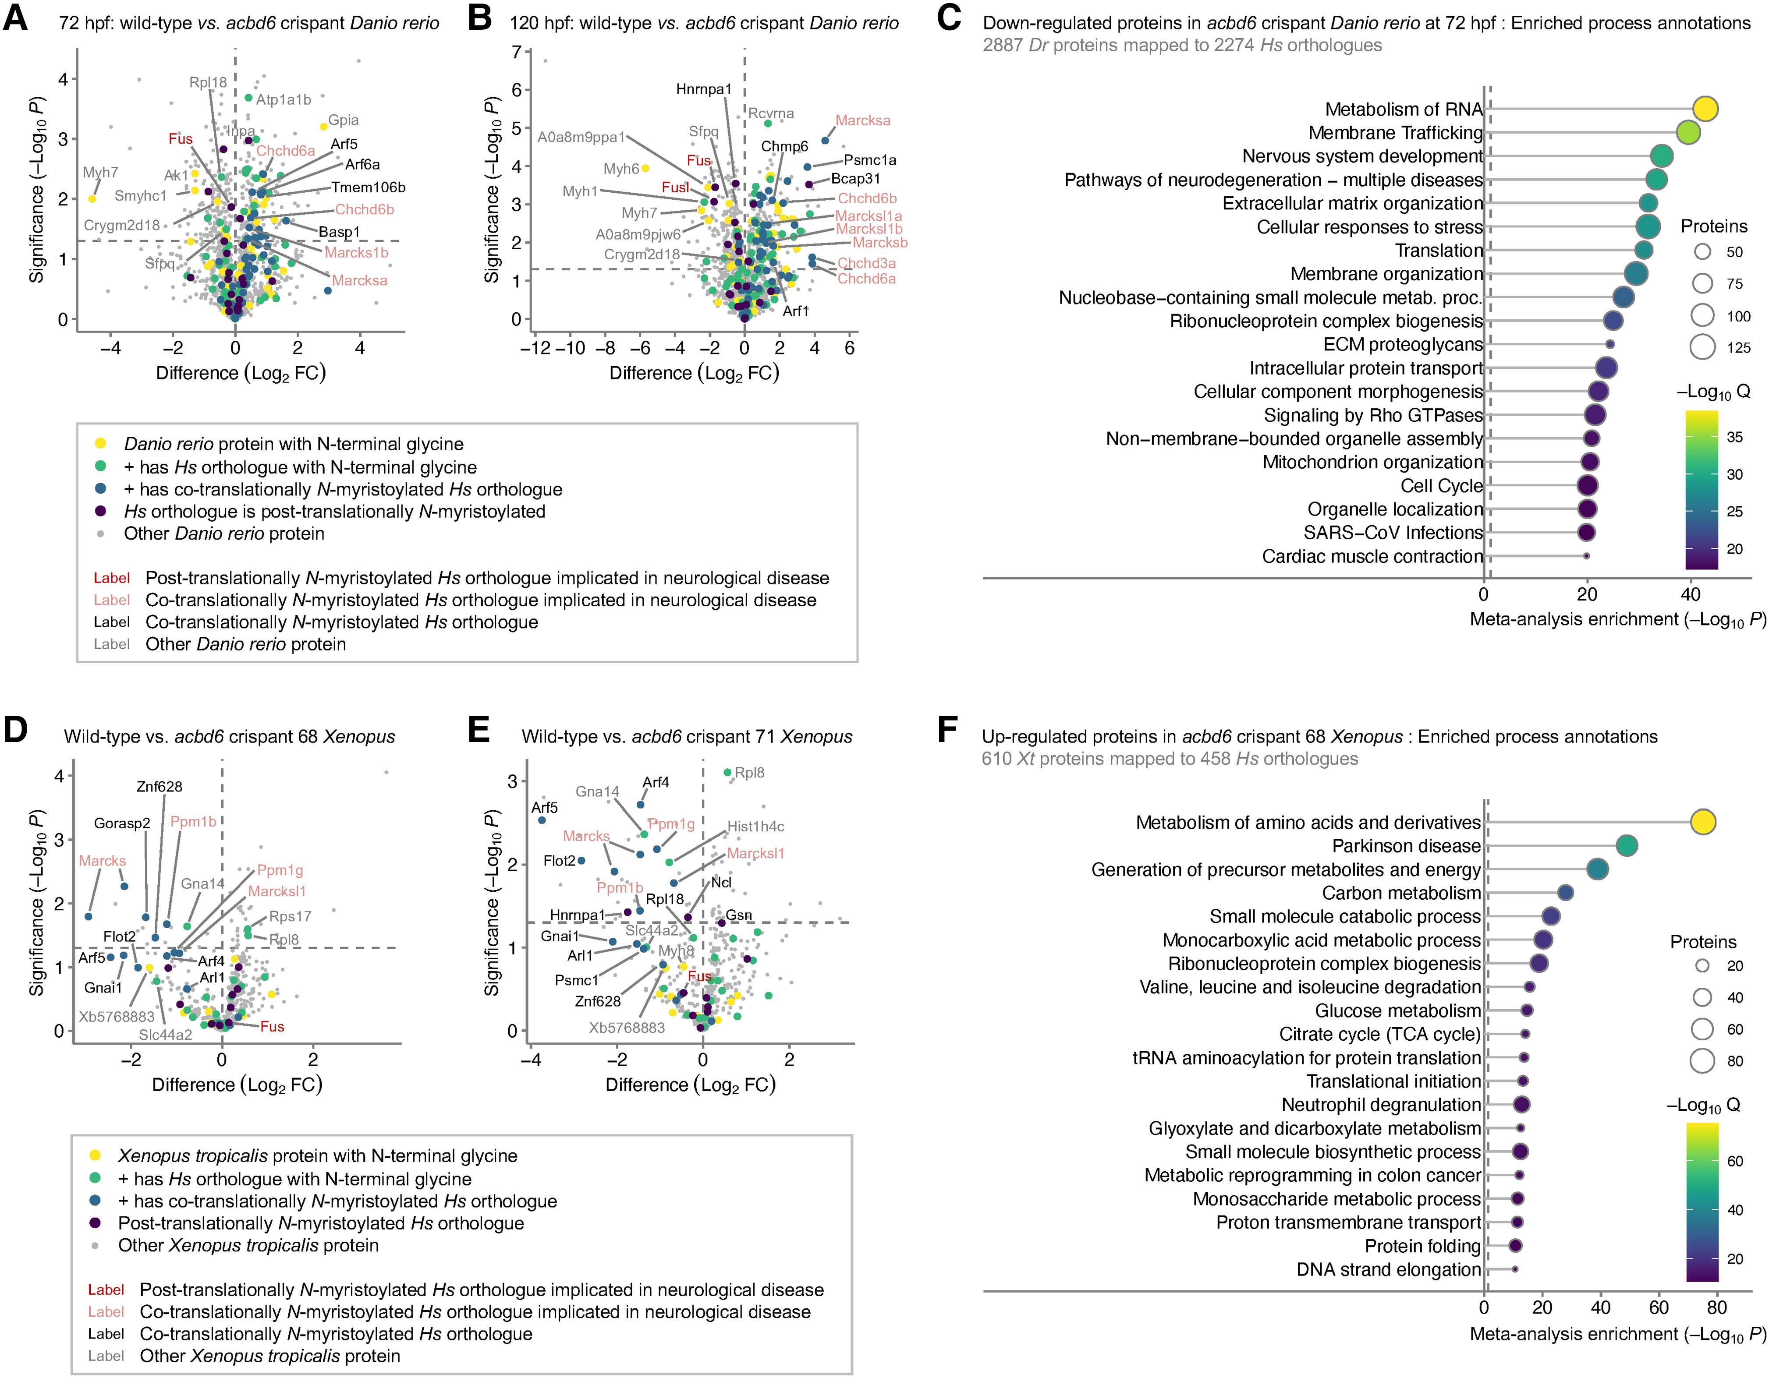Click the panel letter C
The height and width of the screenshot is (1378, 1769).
(x=949, y=18)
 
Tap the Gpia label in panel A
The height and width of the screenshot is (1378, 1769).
(x=344, y=120)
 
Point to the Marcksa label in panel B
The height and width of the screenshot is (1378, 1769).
(x=863, y=120)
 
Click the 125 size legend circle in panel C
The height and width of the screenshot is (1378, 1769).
(x=1702, y=347)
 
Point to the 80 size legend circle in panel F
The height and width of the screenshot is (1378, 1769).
(x=1702, y=1060)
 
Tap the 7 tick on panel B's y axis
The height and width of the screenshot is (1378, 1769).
(x=516, y=52)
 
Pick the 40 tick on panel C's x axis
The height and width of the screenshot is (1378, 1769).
(x=1691, y=594)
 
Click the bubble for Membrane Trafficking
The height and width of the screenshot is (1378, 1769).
(x=1687, y=132)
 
